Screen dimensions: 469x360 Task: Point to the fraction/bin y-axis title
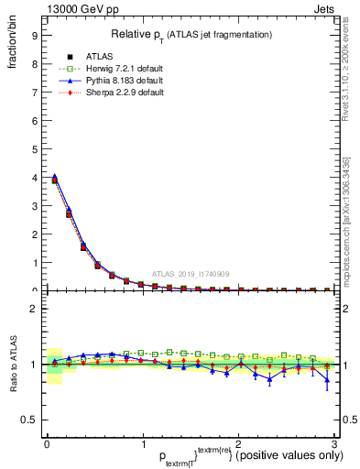click(x=11, y=46)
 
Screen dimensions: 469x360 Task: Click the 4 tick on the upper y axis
click(x=34, y=178)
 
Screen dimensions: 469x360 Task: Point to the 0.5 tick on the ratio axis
click(x=28, y=420)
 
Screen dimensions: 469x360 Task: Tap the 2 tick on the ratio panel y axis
click(x=34, y=309)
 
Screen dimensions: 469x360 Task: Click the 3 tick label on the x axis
click(x=335, y=444)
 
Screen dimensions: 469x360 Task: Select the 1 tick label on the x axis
click(x=143, y=444)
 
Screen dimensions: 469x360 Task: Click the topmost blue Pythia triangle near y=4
click(x=54, y=176)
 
